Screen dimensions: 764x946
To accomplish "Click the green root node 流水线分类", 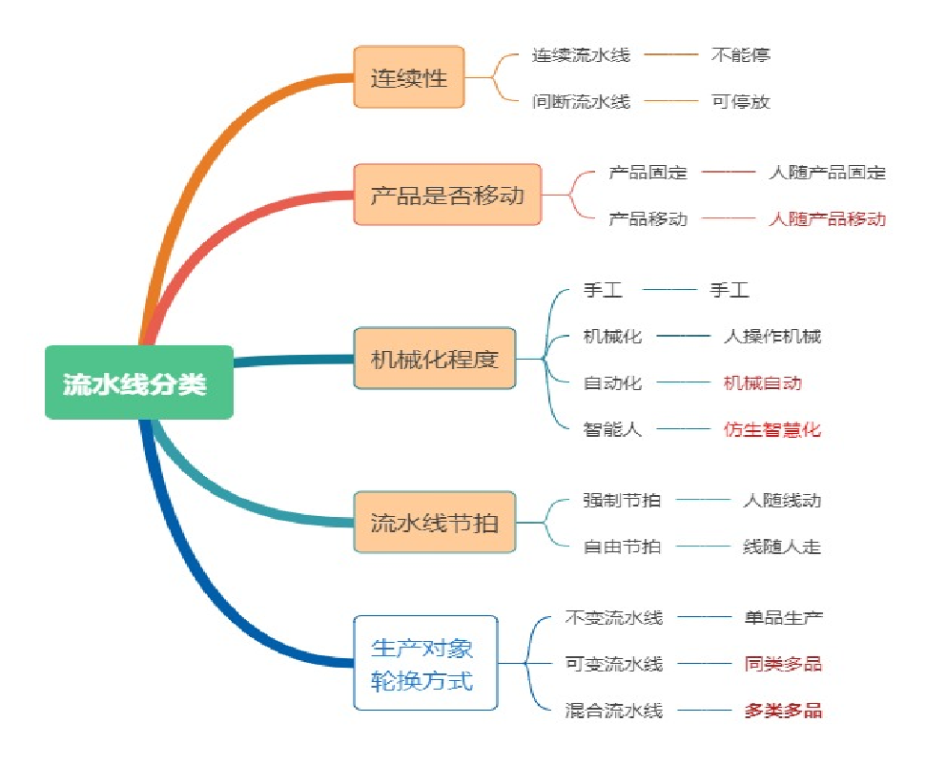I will [x=139, y=382].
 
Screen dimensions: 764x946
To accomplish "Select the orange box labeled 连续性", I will [x=408, y=77].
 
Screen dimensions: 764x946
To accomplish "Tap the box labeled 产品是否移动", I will [x=447, y=196].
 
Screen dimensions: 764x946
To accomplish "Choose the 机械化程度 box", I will [x=434, y=359].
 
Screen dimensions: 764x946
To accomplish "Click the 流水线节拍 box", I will [x=434, y=523].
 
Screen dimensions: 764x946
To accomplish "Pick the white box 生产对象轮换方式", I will [x=425, y=663].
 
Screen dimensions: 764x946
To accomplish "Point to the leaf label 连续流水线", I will [x=581, y=54].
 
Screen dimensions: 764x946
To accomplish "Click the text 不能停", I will [x=740, y=54].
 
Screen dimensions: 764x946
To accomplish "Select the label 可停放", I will [x=740, y=101].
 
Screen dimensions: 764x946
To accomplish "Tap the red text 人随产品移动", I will [x=827, y=218].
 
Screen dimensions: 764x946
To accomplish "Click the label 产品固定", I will [x=648, y=173].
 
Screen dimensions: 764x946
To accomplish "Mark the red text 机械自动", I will [x=762, y=382].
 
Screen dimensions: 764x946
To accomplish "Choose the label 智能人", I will [x=612, y=429].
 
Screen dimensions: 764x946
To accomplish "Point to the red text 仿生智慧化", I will [x=771, y=429].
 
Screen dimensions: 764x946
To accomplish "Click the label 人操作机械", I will [x=771, y=336].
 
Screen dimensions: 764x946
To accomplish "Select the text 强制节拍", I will [x=622, y=500].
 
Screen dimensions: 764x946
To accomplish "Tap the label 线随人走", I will [x=781, y=547].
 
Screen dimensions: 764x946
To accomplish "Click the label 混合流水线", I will [x=613, y=711].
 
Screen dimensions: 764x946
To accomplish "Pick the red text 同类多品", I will [x=783, y=664].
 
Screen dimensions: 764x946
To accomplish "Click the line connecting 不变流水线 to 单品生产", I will [x=704, y=617].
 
